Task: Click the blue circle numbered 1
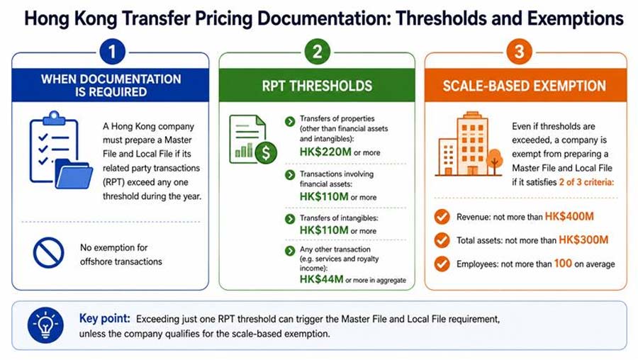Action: [112, 52]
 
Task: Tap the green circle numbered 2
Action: [317, 52]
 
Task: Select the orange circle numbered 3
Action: [519, 52]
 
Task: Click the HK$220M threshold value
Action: [325, 152]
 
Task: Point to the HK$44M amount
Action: [321, 279]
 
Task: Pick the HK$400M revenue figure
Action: [569, 216]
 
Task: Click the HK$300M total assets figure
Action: [583, 240]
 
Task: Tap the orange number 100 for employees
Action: [563, 264]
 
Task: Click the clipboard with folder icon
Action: [61, 150]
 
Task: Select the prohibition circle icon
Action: [48, 252]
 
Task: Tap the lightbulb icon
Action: [45, 325]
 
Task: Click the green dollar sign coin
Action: [266, 152]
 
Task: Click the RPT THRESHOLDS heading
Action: [317, 86]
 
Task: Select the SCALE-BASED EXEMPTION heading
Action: [525, 86]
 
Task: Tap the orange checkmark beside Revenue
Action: [442, 217]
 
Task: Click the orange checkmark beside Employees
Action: [442, 264]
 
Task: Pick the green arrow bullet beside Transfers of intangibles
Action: [290, 219]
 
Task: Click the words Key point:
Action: [105, 318]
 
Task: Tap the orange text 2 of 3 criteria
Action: [586, 182]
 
